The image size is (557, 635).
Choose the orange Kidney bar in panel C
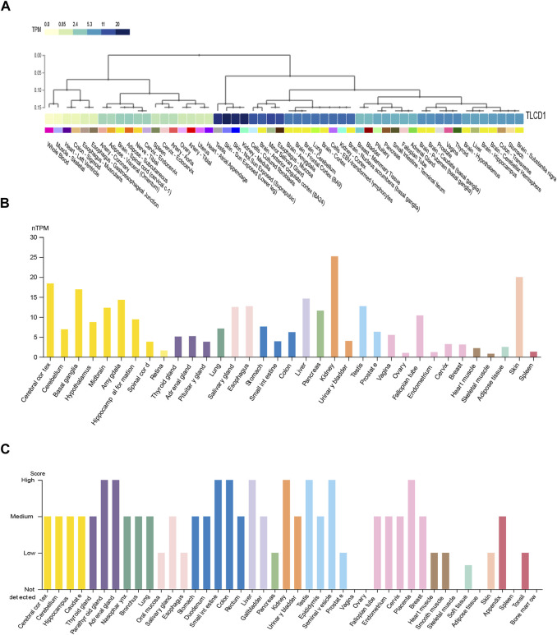[x=286, y=534]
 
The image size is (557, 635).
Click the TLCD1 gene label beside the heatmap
[x=539, y=118]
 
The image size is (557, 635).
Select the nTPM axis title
[x=27, y=230]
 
